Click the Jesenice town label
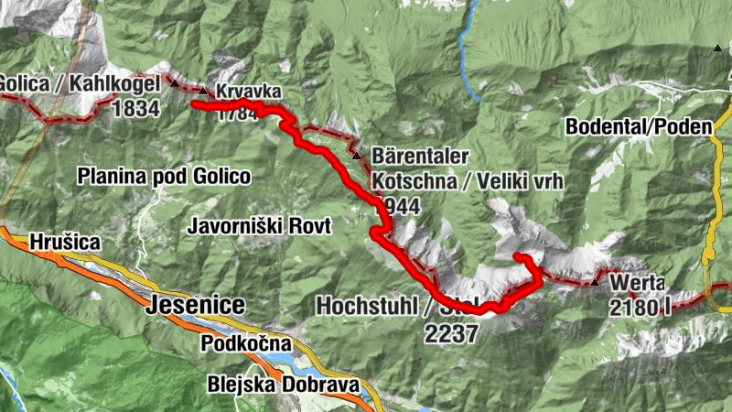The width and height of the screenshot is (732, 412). click(x=195, y=305)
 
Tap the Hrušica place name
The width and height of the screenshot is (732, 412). click(x=65, y=242)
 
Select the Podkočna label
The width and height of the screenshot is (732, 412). click(x=246, y=344)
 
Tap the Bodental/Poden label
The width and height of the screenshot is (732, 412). click(x=638, y=127)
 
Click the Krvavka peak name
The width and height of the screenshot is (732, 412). click(x=244, y=92)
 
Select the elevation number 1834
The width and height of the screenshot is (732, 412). click(x=135, y=110)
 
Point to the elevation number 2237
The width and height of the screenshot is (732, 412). click(x=451, y=334)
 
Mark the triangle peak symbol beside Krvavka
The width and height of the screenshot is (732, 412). click(x=203, y=90)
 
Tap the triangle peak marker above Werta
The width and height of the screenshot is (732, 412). click(x=596, y=282)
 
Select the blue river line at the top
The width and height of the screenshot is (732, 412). click(x=469, y=55)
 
